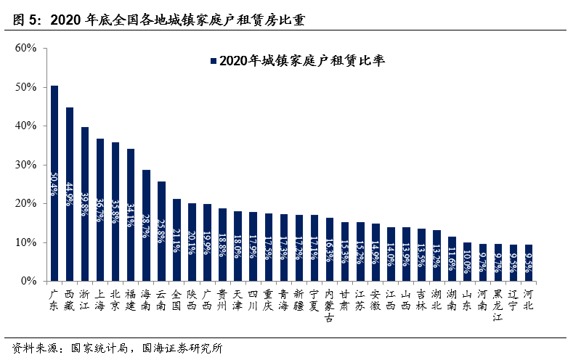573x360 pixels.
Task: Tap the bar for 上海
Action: pos(100,210)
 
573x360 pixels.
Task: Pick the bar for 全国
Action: pos(176,240)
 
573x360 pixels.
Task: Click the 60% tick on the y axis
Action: pos(25,49)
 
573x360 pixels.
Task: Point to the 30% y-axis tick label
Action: pos(25,165)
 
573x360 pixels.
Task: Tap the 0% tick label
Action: pos(28,281)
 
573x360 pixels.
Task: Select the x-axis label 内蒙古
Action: pos(329,306)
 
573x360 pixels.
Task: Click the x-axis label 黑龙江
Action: pos(497,306)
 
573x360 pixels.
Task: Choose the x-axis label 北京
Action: pos(115,300)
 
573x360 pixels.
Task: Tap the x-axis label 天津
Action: pos(237,300)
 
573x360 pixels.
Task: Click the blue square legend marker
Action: pos(213,62)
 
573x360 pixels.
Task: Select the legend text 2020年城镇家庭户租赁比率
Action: pos(301,62)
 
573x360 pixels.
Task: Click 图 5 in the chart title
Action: pos(28,20)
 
